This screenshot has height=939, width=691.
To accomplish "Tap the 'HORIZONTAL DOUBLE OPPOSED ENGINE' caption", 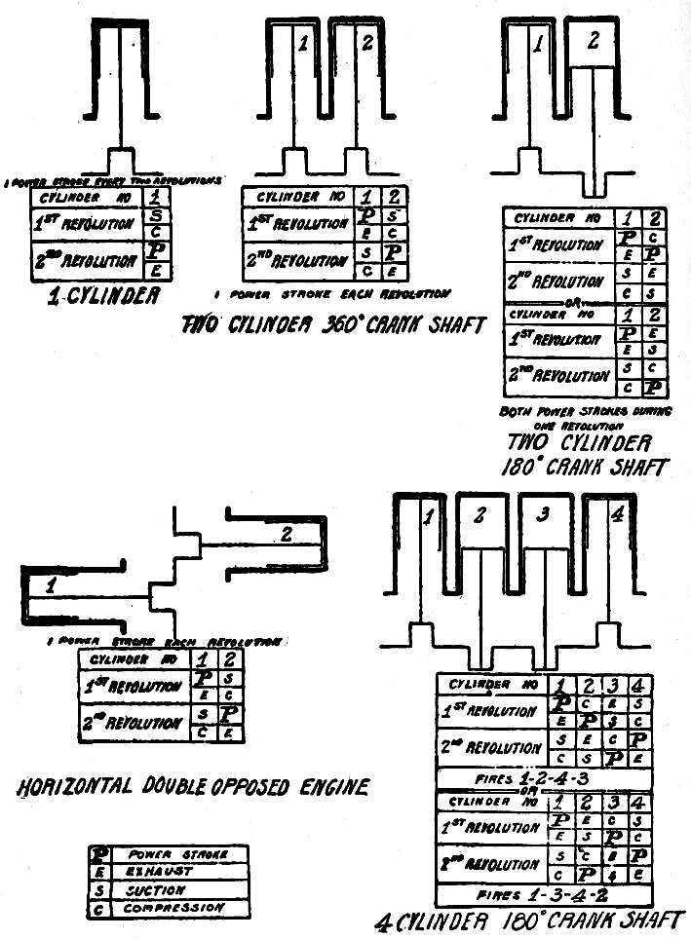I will pos(193,787).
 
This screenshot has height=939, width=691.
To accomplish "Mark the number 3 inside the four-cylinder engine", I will pos(546,516).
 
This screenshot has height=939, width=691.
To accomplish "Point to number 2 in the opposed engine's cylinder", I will pos(284,533).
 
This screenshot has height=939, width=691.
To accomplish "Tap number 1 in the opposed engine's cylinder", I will pos(52,584).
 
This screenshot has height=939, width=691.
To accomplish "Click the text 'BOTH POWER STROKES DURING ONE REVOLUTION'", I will pos(584,418).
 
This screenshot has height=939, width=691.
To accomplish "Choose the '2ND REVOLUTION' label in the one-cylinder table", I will pos(83,261).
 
